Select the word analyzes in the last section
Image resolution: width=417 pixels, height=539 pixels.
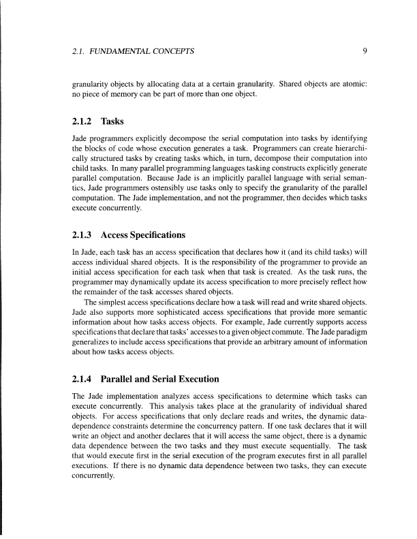(x=170, y=397)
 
